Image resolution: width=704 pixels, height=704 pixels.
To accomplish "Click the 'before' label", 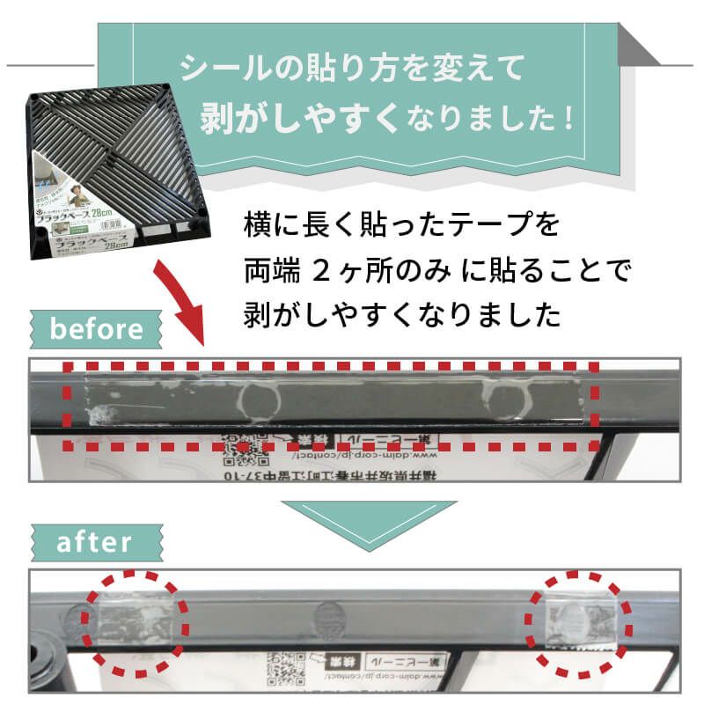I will point(96,330).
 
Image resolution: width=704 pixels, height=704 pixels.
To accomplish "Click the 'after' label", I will point(94,541).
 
